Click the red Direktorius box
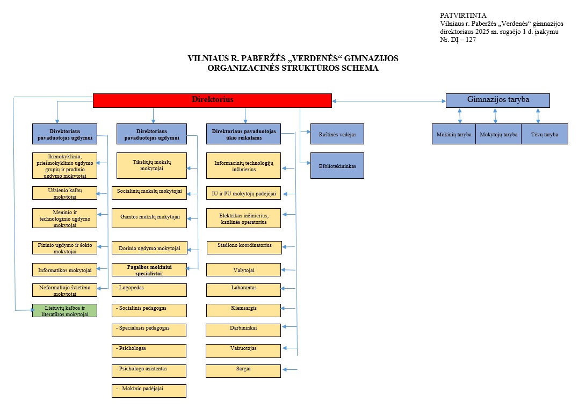pos(212,100)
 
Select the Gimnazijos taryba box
pos(498,100)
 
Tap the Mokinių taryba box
pos(454,134)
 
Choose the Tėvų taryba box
pos(545,134)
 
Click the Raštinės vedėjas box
pos(337,134)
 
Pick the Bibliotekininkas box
pos(337,165)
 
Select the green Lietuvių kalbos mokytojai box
pos(64,310)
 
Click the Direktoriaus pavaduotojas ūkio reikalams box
pos(244,134)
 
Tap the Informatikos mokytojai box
pos(64,269)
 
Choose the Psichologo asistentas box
pos(149,371)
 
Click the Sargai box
pos(243,371)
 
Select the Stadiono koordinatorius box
pos(244,247)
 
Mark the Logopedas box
pos(149,290)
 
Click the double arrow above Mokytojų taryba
pos(495,116)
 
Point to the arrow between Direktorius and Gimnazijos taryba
pos(389,101)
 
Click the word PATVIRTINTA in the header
pos(463,16)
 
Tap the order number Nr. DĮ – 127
pos(458,40)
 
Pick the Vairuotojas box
pos(243,350)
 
